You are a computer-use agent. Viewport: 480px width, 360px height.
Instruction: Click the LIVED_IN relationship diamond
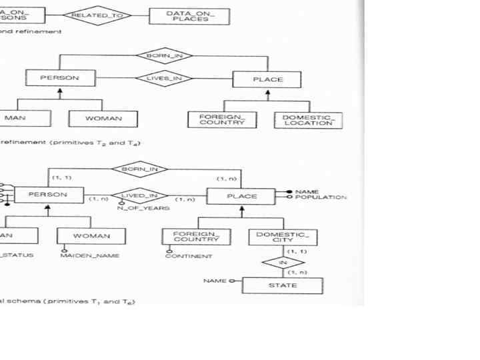point(139,196)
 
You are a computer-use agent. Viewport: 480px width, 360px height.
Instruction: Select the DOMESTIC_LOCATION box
point(307,119)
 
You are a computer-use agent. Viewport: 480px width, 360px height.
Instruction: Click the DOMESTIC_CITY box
point(283,237)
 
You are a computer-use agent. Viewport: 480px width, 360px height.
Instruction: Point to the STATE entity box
point(282,285)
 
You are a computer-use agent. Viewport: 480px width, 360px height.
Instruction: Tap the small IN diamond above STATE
point(282,263)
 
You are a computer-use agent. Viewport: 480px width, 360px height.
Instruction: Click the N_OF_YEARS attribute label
point(143,209)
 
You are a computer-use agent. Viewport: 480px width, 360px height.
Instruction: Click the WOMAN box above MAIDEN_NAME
point(91,236)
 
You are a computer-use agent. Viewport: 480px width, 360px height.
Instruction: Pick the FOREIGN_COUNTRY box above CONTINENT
point(195,236)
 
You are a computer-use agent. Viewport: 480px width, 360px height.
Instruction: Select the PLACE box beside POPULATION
point(241,196)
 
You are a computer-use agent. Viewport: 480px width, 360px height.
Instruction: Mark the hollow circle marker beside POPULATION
point(290,197)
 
